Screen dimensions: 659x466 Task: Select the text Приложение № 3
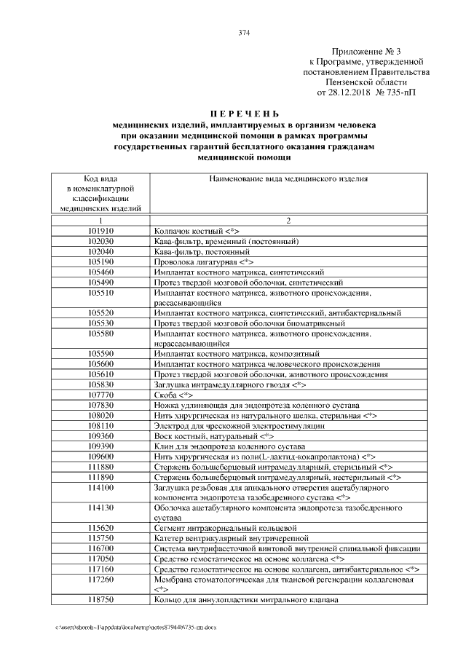point(366,52)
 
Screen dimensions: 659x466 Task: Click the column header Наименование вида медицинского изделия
point(288,178)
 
